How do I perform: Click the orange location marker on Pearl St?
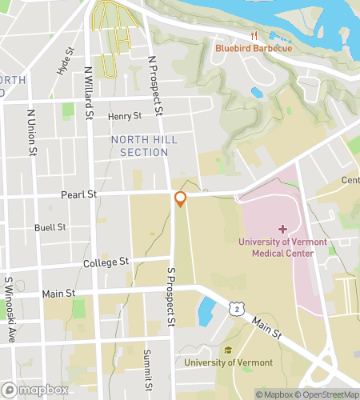pos(181,199)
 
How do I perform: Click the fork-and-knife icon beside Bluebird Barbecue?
pos(254,35)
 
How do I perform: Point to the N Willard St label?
pos(88,93)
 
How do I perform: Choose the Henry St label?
pos(124,117)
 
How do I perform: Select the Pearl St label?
pos(78,194)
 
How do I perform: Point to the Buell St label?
pos(49,228)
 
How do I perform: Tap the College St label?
pos(106,262)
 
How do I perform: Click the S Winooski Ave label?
pos(10,310)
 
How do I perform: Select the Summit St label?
pos(147,366)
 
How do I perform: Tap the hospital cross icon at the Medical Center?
pos(282,229)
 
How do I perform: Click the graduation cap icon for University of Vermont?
pos(228,350)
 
